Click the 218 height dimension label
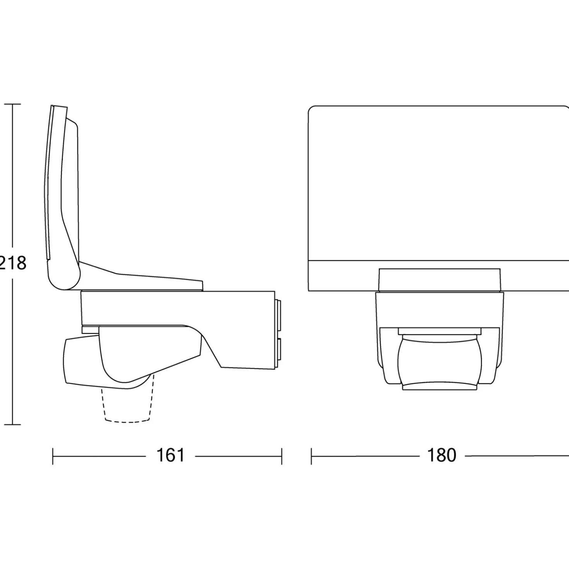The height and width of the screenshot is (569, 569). (x=13, y=263)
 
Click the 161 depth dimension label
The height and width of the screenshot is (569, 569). (x=170, y=455)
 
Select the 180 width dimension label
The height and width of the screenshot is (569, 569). (x=442, y=455)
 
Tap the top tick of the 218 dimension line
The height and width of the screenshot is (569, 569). (x=12, y=104)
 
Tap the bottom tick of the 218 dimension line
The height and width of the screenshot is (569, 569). (x=12, y=425)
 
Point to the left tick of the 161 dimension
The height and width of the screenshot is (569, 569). (x=53, y=456)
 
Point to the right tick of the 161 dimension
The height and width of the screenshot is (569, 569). (x=282, y=456)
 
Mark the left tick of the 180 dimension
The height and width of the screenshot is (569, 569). (x=311, y=456)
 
